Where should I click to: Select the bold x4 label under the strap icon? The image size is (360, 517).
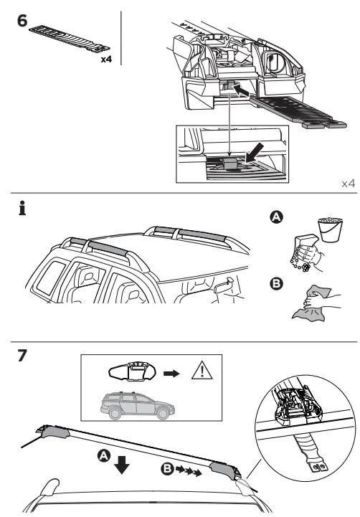(107, 60)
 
